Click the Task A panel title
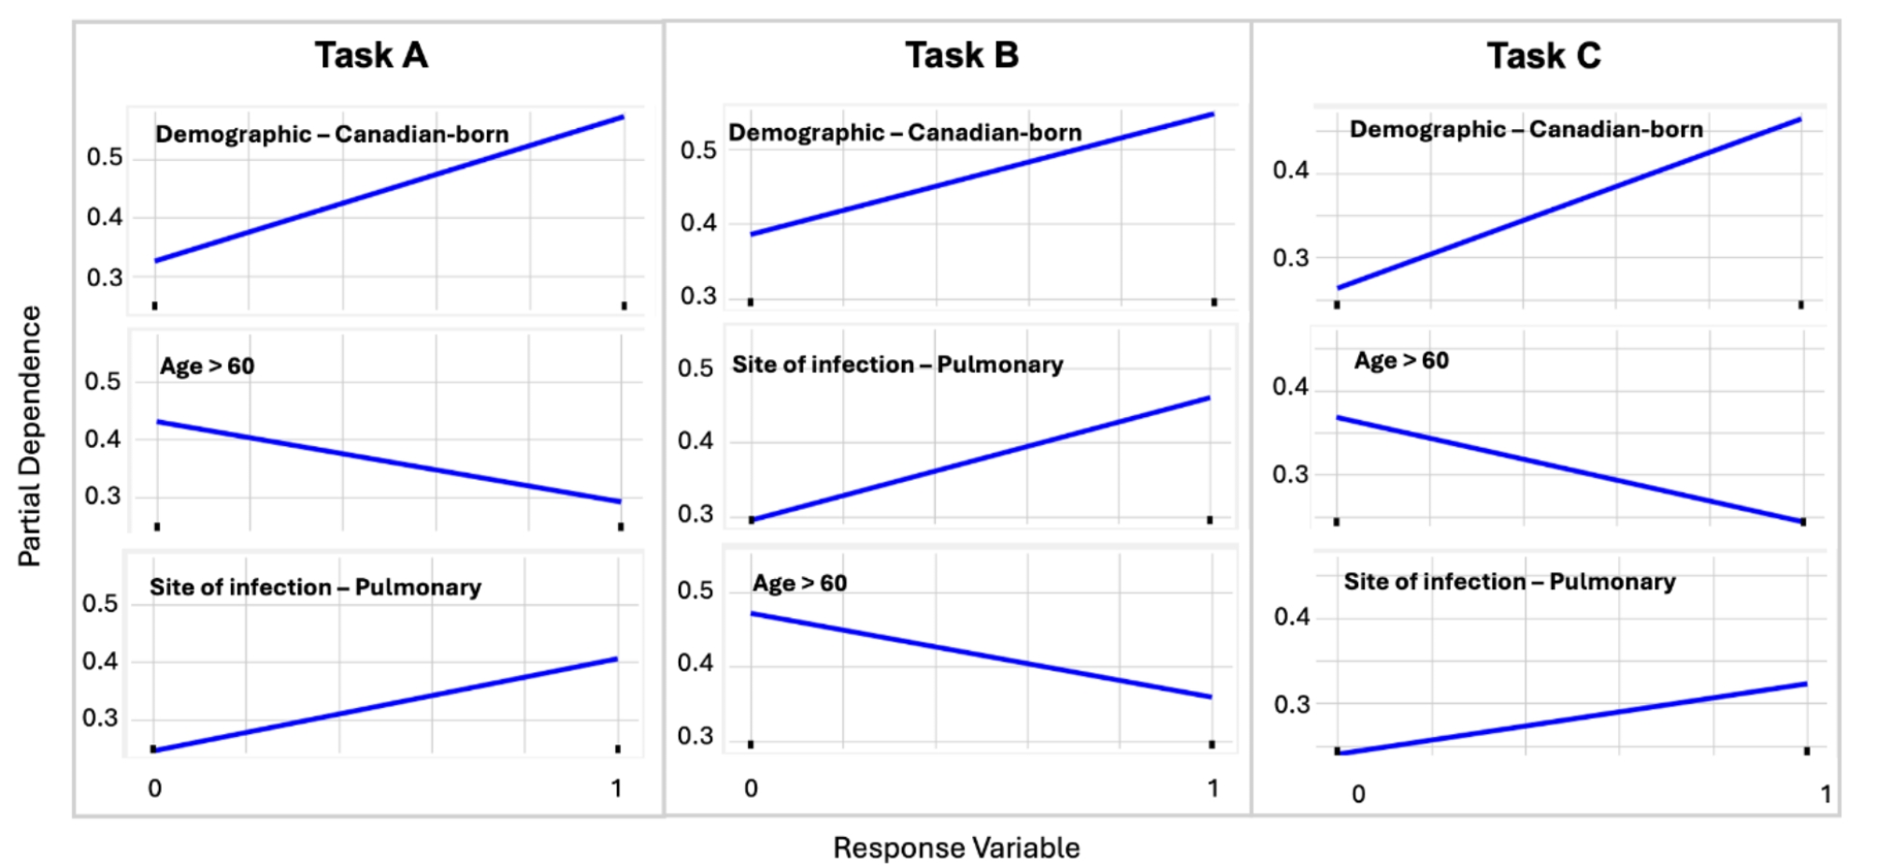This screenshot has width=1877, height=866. click(x=371, y=56)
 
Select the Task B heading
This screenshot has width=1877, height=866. click(x=962, y=56)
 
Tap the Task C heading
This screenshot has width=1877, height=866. click(x=1543, y=56)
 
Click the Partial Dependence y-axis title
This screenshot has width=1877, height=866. click(x=30, y=436)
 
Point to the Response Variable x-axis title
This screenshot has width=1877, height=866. click(x=956, y=848)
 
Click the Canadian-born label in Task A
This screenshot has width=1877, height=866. click(x=332, y=135)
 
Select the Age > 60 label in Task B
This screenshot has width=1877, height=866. click(x=800, y=584)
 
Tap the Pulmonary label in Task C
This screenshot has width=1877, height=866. click(x=1510, y=582)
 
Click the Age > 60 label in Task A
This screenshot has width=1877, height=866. click(x=207, y=366)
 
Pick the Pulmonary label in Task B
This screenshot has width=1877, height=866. click(x=897, y=365)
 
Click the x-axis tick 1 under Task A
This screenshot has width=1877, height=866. click(x=616, y=788)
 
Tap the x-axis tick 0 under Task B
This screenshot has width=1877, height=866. click(x=751, y=788)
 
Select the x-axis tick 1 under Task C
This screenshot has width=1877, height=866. click(x=1826, y=794)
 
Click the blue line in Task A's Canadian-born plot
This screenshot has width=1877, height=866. click(x=389, y=189)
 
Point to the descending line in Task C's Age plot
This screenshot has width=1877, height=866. click(x=1570, y=470)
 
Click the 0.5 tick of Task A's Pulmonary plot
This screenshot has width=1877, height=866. click(x=100, y=604)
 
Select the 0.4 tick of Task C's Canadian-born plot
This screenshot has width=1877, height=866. click(x=1290, y=171)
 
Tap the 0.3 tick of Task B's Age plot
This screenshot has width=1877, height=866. click(x=695, y=737)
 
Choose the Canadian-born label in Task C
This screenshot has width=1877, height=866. click(x=1526, y=129)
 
